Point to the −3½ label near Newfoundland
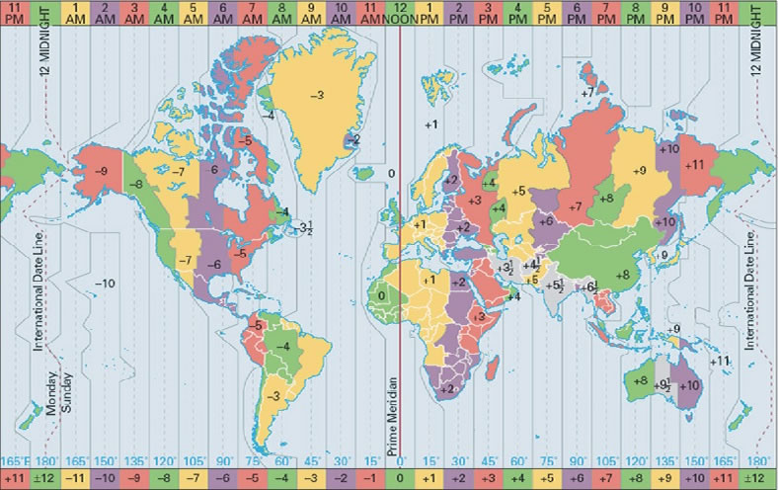307,228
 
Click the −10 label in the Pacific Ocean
105,284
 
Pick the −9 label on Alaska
100,171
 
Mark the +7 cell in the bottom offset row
606,478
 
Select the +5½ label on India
555,286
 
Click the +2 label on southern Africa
446,388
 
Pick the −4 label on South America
283,347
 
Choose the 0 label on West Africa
382,294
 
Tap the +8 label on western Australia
640,380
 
